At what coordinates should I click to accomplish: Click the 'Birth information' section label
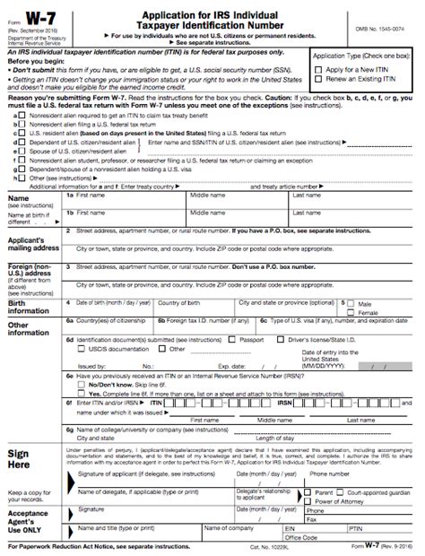(30, 308)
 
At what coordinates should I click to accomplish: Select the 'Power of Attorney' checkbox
(309, 500)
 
